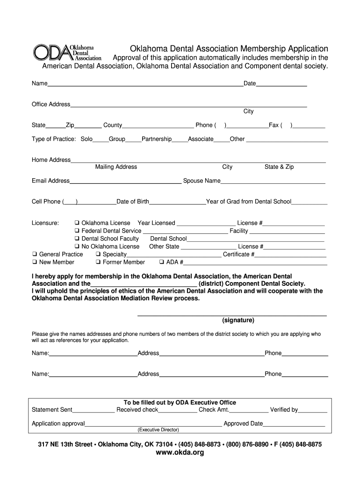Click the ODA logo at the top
click(x=67, y=53)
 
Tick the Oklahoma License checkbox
click(x=77, y=223)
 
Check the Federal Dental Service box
click(x=77, y=231)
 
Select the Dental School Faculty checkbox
click(x=77, y=239)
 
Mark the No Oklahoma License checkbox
click(x=77, y=247)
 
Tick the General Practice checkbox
click(x=35, y=254)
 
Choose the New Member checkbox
click(x=35, y=262)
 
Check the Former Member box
click(x=98, y=262)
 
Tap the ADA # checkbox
click(x=162, y=262)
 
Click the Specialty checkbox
click(x=98, y=254)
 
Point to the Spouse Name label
click(x=202, y=181)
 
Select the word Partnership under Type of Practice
click(x=157, y=139)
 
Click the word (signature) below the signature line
click(x=238, y=320)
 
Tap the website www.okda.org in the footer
click(x=180, y=453)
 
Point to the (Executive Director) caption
click(x=158, y=430)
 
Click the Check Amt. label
click(x=214, y=410)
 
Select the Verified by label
click(x=284, y=410)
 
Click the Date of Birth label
click(x=133, y=202)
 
